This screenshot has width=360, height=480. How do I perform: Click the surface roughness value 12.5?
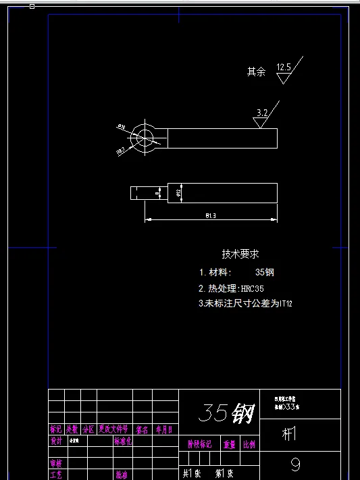point(284,67)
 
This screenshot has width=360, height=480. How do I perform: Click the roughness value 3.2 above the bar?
point(263,113)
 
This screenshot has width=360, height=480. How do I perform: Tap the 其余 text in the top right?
point(256,71)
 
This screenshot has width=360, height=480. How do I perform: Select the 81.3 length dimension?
point(210,215)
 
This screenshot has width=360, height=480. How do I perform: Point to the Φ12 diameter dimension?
point(178,193)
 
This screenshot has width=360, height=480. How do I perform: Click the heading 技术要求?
point(240,255)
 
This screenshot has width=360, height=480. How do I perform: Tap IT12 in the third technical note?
point(286,304)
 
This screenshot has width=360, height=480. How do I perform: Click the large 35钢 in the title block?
point(226,412)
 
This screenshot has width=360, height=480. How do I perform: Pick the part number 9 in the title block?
point(295,465)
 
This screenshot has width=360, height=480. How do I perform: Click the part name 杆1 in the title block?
point(289,435)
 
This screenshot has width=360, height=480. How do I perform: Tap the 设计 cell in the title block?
point(56,441)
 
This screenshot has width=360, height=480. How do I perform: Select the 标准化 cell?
point(123,441)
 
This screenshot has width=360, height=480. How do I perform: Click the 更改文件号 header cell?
point(113,429)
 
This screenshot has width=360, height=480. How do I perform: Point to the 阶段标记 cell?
point(199,444)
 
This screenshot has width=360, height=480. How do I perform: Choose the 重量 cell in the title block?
point(230,444)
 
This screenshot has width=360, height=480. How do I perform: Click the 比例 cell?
point(249,444)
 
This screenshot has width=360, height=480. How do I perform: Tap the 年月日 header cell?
point(164,429)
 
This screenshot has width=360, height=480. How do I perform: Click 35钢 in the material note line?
point(265,273)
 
